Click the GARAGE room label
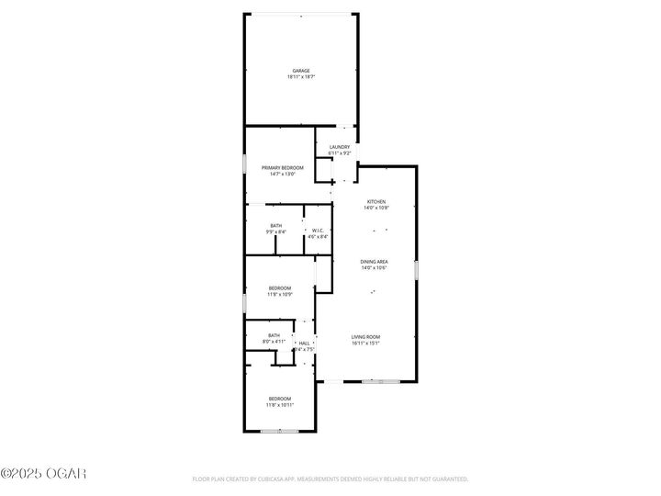coord(300,71)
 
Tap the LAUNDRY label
coord(340,147)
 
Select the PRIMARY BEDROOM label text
coord(282,168)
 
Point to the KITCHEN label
coord(376,202)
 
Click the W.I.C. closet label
coord(318,231)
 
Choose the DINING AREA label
coord(374,262)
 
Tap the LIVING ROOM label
coord(365,337)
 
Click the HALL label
coord(304,343)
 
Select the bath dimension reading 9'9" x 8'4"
coord(275,232)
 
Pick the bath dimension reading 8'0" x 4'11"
coord(274,342)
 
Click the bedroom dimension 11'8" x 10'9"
coord(279,295)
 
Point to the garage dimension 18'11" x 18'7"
coord(300,77)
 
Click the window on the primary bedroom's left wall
coord(244,163)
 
